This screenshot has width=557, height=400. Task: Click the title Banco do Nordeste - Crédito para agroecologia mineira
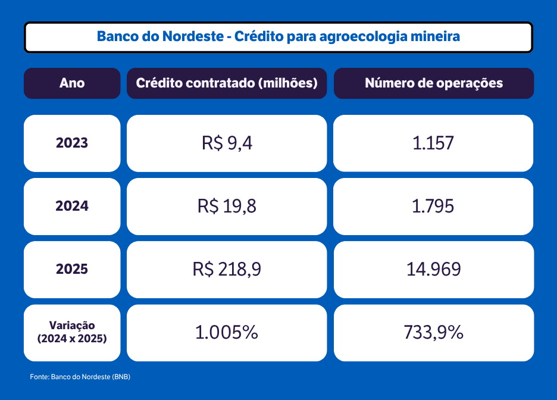(x=278, y=36)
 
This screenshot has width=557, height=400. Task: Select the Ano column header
(x=72, y=83)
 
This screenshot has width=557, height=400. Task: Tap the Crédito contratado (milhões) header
(x=227, y=83)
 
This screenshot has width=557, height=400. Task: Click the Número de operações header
(x=434, y=83)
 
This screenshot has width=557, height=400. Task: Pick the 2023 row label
(x=72, y=143)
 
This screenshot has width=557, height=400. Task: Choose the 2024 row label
(x=72, y=207)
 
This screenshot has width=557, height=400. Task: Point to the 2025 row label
(x=72, y=270)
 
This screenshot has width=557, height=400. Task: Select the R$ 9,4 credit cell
(x=227, y=143)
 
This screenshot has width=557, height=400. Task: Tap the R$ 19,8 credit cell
(x=227, y=207)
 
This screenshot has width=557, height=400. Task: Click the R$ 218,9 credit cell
(x=227, y=270)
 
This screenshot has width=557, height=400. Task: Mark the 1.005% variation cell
(x=227, y=333)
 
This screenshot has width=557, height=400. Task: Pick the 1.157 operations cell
(x=433, y=143)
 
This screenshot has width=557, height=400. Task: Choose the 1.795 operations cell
(x=433, y=207)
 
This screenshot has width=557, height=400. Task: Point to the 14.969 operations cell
(x=434, y=270)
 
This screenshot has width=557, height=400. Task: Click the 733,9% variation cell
(x=434, y=333)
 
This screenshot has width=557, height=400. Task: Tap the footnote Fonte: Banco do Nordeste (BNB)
(x=80, y=377)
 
